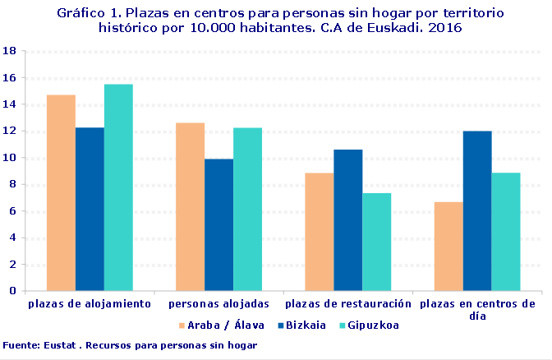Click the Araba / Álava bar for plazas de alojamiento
coord(61,192)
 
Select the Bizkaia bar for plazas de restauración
coord(347,219)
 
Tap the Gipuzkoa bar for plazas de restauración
coord(376,242)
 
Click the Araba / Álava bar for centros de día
coord(448,246)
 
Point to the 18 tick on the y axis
coord(11,51)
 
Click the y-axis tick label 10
coord(11,158)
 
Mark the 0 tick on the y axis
coord(14,291)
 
